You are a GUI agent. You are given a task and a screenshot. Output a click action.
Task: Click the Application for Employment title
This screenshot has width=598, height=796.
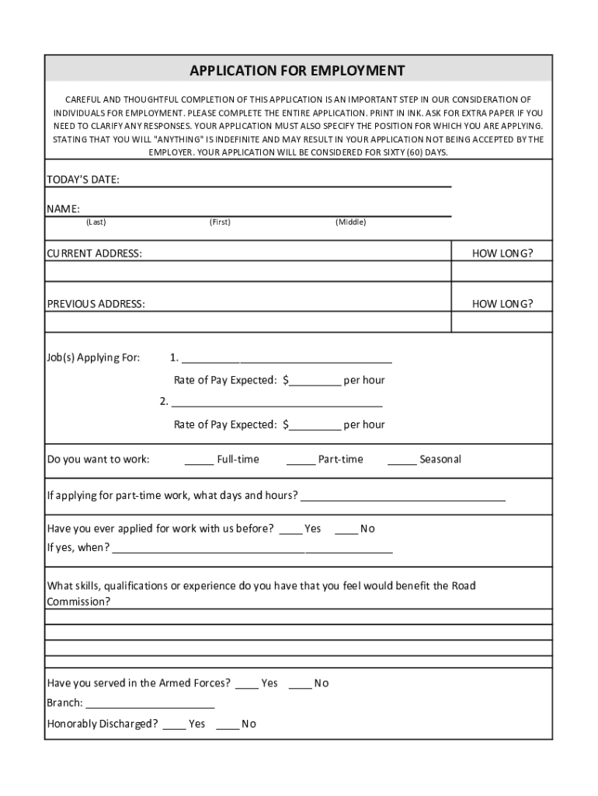tap(297, 71)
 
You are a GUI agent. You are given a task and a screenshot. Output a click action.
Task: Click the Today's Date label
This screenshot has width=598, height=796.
tap(83, 180)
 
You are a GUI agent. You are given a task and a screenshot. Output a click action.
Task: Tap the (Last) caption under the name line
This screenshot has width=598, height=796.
tap(96, 222)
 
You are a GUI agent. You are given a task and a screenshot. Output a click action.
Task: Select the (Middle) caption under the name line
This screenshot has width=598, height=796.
tap(350, 222)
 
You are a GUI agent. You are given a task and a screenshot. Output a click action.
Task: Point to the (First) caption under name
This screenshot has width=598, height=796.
tap(220, 222)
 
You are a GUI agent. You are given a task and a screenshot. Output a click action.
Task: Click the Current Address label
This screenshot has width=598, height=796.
tap(95, 253)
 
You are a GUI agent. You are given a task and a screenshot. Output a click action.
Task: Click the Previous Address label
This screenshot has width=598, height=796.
tap(96, 304)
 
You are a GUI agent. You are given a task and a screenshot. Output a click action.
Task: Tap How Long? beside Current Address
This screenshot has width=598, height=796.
tap(502, 253)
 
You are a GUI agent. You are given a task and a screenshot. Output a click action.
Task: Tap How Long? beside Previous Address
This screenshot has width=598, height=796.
tap(502, 304)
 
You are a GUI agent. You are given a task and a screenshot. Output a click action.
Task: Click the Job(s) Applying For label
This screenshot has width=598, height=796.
tap(94, 358)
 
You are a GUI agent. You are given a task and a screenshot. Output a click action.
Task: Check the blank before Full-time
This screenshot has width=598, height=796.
tap(199, 461)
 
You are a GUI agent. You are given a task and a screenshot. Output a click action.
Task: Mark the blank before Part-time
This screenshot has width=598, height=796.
tap(301, 461)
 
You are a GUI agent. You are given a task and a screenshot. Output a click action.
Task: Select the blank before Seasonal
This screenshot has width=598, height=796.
tap(402, 461)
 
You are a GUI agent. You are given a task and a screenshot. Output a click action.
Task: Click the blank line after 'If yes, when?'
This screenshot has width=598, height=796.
tap(252, 550)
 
